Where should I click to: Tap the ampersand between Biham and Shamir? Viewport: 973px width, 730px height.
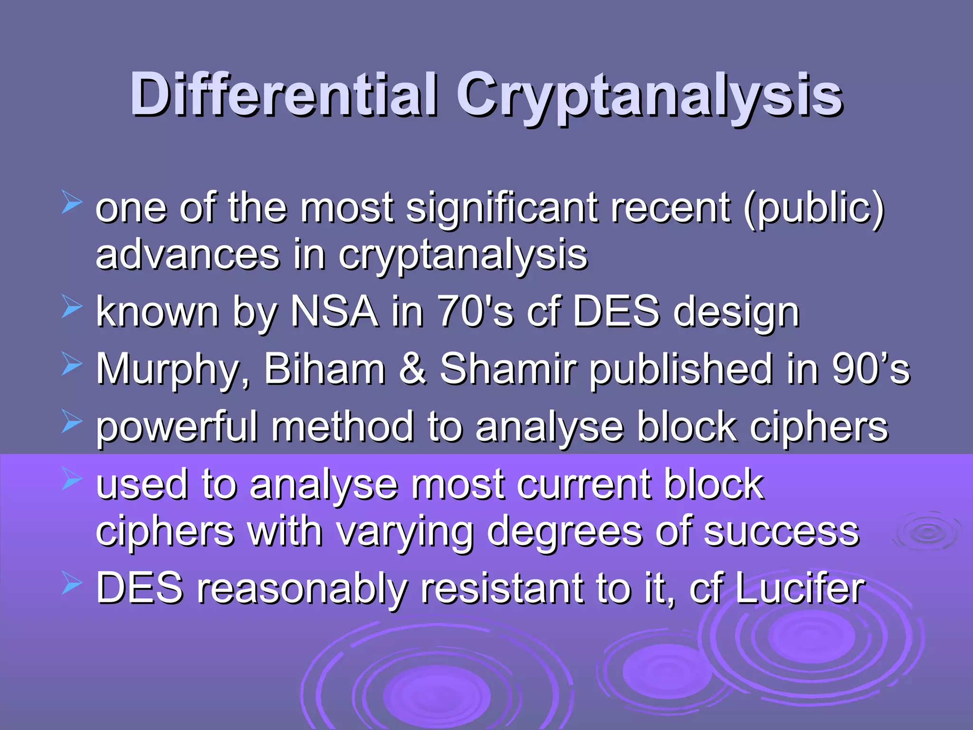tap(412, 369)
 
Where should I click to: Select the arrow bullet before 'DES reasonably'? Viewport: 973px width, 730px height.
tap(72, 585)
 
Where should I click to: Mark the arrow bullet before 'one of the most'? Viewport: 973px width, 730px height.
tap(72, 203)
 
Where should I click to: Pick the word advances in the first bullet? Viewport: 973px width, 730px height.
tap(187, 255)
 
